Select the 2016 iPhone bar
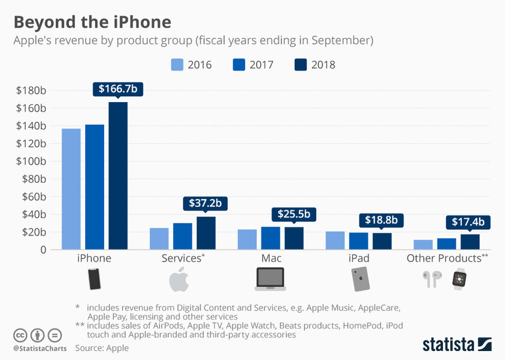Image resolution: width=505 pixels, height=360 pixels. (x=71, y=189)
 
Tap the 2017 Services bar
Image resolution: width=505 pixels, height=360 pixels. (x=183, y=236)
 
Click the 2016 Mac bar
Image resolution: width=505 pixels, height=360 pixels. (x=247, y=239)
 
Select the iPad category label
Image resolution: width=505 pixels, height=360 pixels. (x=358, y=258)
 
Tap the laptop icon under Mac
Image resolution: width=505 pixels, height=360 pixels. (x=271, y=279)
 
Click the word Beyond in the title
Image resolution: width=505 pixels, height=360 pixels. (x=41, y=22)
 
